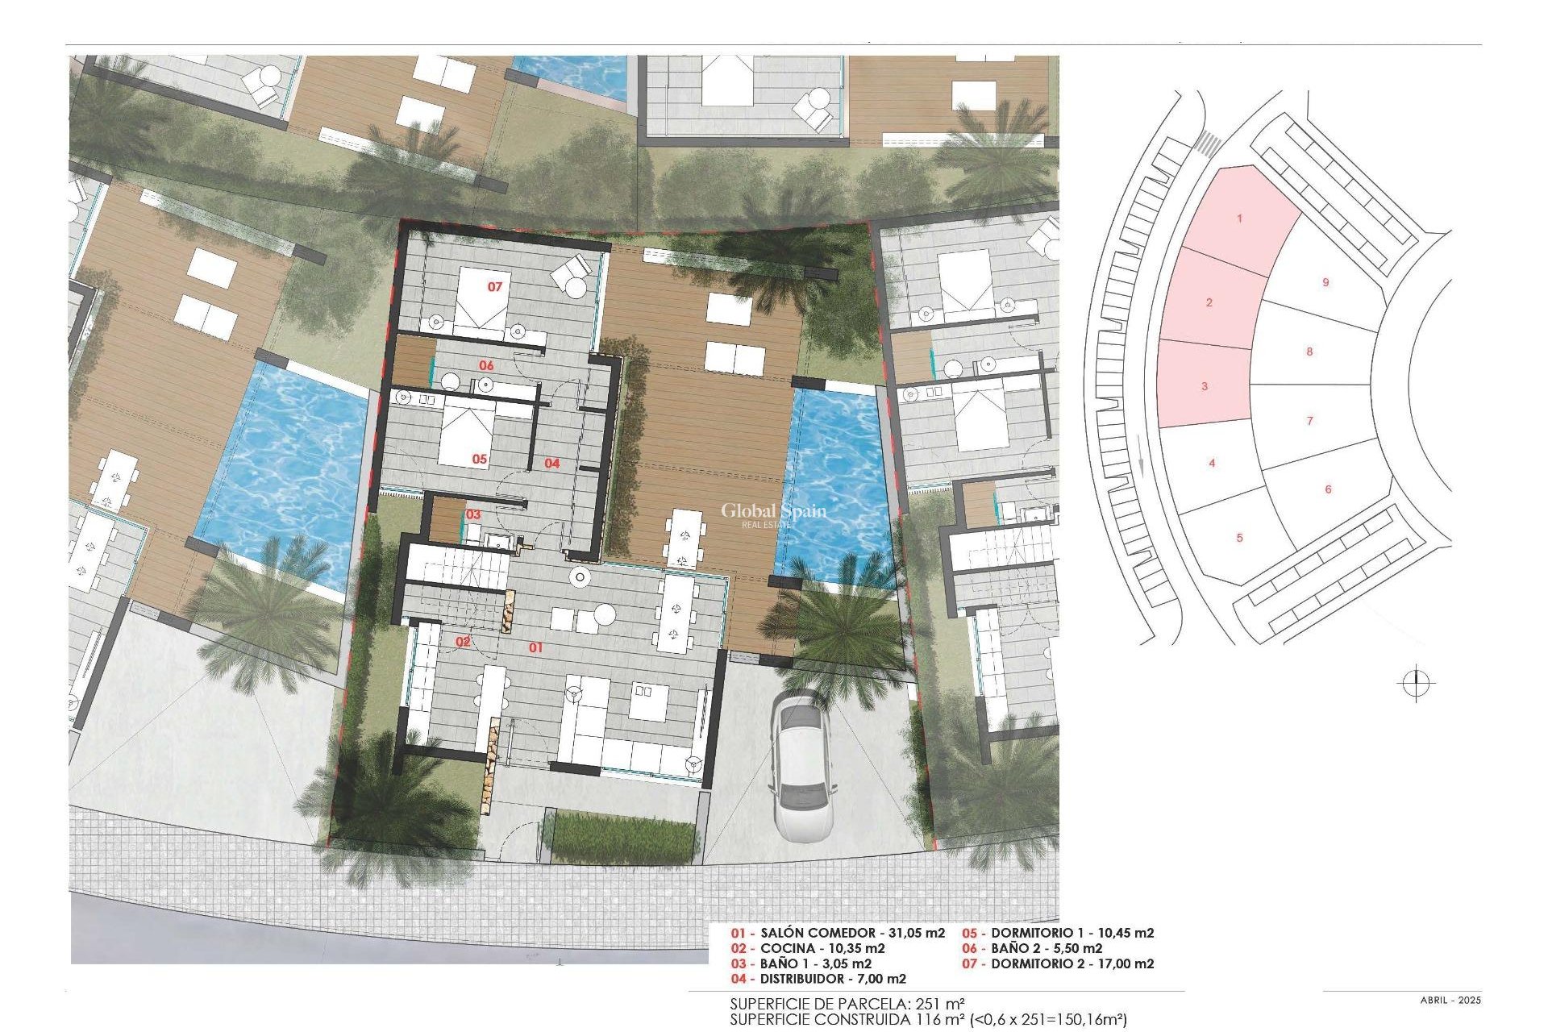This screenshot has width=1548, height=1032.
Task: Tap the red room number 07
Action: pos(494,287)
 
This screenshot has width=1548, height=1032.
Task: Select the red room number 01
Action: pos(535,647)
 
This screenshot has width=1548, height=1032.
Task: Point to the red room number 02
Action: pos(463,642)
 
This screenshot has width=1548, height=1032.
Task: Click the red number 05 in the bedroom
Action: pos(480,459)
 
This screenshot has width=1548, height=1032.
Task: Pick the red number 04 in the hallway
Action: pos(551,463)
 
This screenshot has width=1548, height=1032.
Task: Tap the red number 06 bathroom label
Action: pos(486,366)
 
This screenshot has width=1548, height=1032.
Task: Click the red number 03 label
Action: pos(473,514)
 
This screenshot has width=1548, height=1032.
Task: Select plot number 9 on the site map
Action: pos(1325,282)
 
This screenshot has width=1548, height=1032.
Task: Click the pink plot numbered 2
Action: pos(1209,302)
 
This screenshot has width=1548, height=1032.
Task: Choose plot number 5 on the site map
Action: pos(1240,538)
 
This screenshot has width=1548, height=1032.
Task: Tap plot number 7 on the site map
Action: pos(1309,420)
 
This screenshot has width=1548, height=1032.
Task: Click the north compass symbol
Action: pos(1416,685)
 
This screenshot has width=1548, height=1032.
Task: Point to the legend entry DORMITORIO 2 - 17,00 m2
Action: pos(1059,963)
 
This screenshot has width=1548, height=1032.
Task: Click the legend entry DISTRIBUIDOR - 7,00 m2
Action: pos(819,979)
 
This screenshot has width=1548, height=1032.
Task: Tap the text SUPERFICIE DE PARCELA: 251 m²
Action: pos(847,1004)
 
